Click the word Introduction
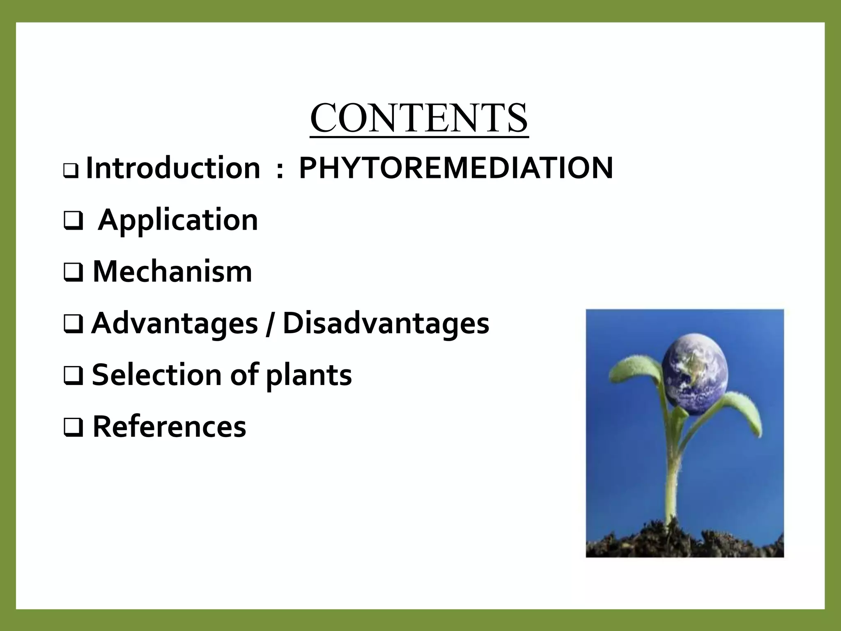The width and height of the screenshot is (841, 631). pyautogui.click(x=173, y=168)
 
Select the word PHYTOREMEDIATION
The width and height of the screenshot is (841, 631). pyautogui.click(x=456, y=168)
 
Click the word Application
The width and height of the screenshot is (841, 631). pyautogui.click(x=178, y=221)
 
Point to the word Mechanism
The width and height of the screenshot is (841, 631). pyautogui.click(x=172, y=272)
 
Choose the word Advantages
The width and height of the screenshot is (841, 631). pyautogui.click(x=175, y=324)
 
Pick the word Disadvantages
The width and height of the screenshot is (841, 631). pyautogui.click(x=386, y=324)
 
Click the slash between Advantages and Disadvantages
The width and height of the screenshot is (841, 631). pyautogui.click(x=270, y=325)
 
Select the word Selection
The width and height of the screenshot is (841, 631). pyautogui.click(x=157, y=375)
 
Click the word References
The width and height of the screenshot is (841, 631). pyautogui.click(x=169, y=427)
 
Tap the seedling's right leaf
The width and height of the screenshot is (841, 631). pyautogui.click(x=743, y=411)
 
